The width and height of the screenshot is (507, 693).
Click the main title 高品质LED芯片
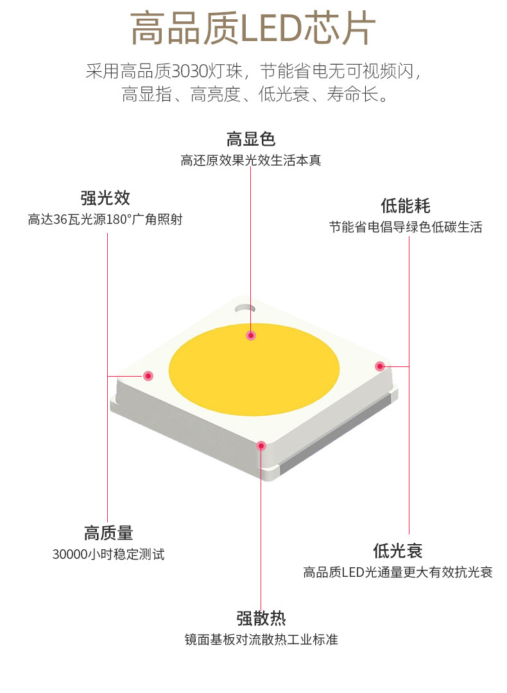click(x=253, y=29)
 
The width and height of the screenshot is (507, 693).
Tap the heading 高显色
click(x=250, y=139)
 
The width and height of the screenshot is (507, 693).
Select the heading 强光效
click(x=105, y=198)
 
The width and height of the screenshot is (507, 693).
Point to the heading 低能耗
click(x=405, y=206)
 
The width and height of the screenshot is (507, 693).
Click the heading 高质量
click(x=108, y=533)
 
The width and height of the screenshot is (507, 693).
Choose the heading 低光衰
click(x=398, y=551)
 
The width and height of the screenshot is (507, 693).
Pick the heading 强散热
click(x=261, y=619)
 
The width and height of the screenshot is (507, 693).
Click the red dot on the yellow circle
click(x=251, y=335)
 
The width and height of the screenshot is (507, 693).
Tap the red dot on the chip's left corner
click(x=148, y=375)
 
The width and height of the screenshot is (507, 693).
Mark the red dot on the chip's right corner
click(x=379, y=366)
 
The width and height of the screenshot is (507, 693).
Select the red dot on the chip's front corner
click(x=261, y=445)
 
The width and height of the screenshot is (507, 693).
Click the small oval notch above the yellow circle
click(x=244, y=308)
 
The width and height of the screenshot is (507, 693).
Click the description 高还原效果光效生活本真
click(x=250, y=160)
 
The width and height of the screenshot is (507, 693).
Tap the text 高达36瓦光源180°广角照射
click(x=105, y=219)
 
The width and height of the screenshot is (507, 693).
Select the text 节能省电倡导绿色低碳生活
click(x=405, y=227)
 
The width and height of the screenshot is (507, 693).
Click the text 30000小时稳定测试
click(x=108, y=554)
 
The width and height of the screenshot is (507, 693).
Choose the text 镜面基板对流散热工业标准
click(x=261, y=640)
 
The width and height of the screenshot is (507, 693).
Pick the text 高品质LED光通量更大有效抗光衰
click(x=398, y=572)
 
